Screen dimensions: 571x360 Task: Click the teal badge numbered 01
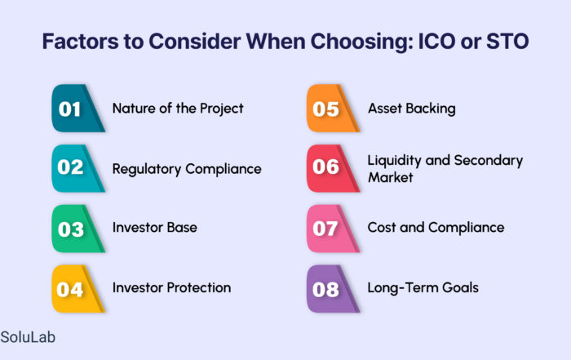coord(77,109)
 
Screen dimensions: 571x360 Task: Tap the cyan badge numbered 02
coord(77,168)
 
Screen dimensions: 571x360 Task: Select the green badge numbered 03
coord(77,229)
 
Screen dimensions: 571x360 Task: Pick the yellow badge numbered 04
coord(77,289)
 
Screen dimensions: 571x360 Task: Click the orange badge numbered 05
coord(333,109)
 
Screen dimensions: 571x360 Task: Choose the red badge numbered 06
coord(333,168)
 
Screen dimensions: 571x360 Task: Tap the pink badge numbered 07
coord(333,229)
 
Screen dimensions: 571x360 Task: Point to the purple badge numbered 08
coord(333,289)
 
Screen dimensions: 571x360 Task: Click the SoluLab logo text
coord(28,337)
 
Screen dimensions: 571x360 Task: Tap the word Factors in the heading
coord(80,41)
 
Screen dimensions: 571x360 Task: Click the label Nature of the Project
coord(178,109)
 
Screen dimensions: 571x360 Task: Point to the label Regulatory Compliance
coord(187,169)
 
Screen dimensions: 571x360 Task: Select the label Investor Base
coord(155,228)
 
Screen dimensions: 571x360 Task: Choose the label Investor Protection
coord(171,287)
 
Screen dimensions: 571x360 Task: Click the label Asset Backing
coord(411,109)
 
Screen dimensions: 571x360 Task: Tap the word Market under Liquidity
coord(391,177)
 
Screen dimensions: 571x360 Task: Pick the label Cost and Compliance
coord(436,228)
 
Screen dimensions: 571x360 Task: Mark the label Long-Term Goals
coord(423,288)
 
